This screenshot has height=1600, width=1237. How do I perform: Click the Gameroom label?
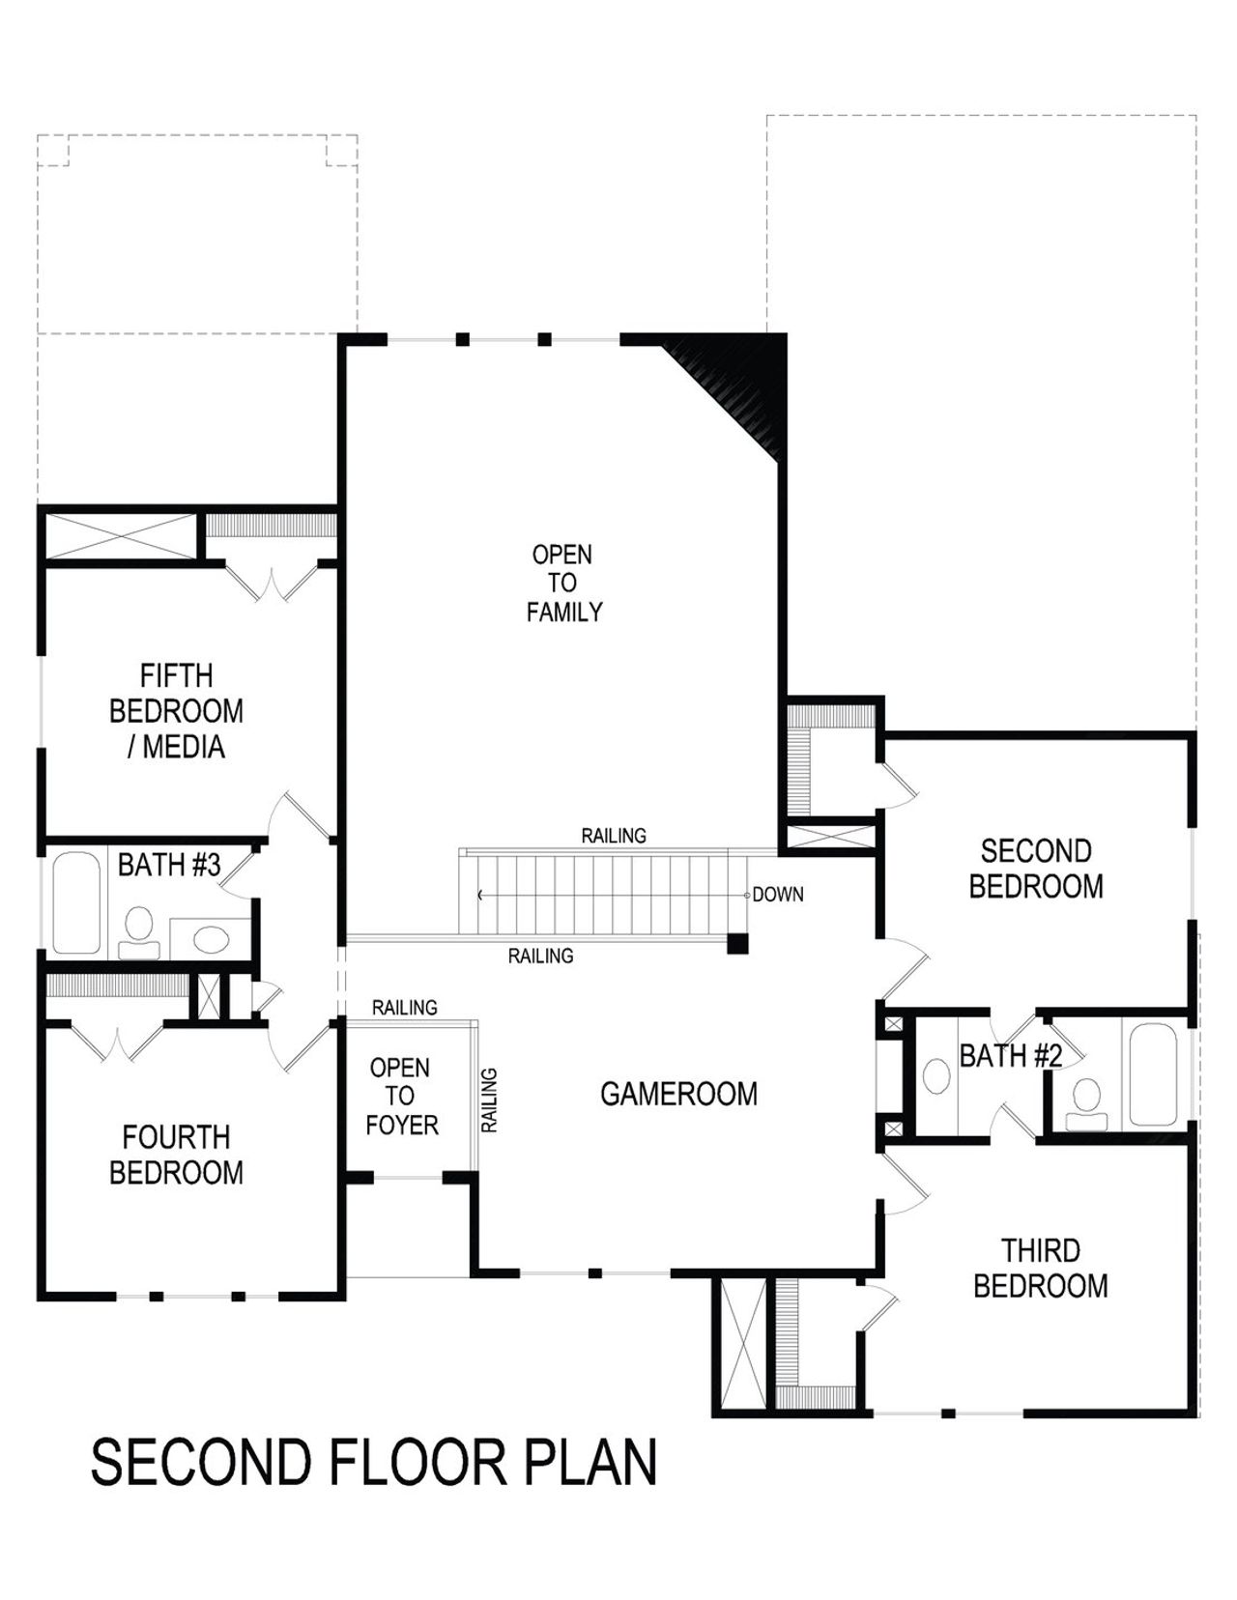pyautogui.click(x=678, y=1094)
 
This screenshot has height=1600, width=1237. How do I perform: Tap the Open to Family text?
pyautogui.click(x=563, y=583)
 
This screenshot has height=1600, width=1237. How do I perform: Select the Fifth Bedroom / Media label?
pyautogui.click(x=176, y=711)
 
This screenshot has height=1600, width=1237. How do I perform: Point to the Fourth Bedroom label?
pyautogui.click(x=176, y=1155)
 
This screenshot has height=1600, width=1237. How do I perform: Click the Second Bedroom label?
pyautogui.click(x=1036, y=869)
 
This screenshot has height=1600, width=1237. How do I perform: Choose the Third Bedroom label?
pyautogui.click(x=1040, y=1269)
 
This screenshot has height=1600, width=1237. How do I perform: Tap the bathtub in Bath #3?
pyautogui.click(x=76, y=902)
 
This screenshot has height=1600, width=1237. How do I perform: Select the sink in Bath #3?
pyautogui.click(x=209, y=937)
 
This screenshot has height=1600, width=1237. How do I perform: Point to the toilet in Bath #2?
pyautogui.click(x=1087, y=1101)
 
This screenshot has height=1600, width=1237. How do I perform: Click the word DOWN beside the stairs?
pyautogui.click(x=778, y=895)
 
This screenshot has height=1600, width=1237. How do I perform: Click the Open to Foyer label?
pyautogui.click(x=402, y=1097)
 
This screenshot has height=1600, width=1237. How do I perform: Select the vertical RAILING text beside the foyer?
pyautogui.click(x=489, y=1100)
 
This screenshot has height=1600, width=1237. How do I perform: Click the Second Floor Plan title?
pyautogui.click(x=374, y=1462)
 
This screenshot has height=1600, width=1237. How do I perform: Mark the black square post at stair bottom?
pyautogui.click(x=737, y=944)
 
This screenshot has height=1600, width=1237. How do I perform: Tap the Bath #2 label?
pyautogui.click(x=1010, y=1056)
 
